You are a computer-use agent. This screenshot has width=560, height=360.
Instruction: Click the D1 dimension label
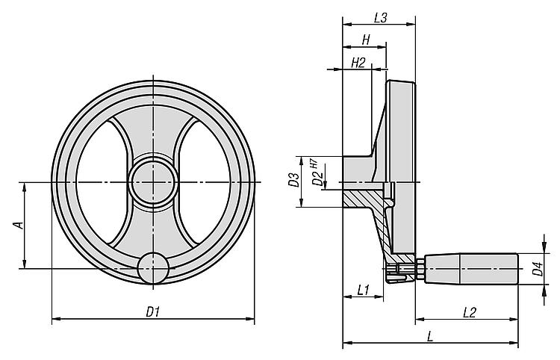point(152,311)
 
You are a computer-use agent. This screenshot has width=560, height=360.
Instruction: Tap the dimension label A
point(18,225)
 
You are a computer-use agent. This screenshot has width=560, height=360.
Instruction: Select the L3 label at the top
point(381,18)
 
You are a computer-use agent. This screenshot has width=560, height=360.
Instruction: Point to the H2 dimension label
point(358,63)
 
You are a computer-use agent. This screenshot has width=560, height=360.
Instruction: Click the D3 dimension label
point(293,180)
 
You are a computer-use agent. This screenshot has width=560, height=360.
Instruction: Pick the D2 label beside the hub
point(317,179)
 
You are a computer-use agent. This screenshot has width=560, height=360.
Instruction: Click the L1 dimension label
point(363,290)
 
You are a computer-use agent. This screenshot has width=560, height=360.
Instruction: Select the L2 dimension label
point(470,312)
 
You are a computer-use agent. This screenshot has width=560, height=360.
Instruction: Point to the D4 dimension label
point(538,269)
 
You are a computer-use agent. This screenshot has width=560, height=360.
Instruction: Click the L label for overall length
point(430,336)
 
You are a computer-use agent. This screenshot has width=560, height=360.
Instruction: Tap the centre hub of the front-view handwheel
point(154,182)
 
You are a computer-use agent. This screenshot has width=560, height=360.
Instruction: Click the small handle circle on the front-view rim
point(154,268)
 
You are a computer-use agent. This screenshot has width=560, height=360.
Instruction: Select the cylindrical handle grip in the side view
point(471,269)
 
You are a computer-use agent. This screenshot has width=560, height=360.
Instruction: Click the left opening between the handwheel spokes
point(102,183)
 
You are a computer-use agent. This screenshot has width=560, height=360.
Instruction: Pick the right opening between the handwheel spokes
point(205,183)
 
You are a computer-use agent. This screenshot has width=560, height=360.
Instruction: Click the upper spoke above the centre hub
point(154,132)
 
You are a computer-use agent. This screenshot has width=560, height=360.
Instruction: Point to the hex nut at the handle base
point(420,269)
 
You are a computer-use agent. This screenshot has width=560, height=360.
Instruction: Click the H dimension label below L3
point(366,40)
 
